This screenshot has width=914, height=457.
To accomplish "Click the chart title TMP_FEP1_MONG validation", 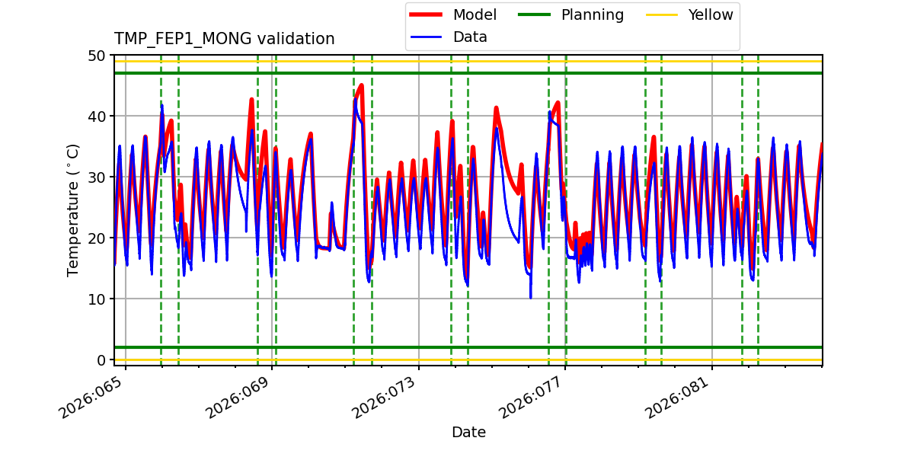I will pos(224,39).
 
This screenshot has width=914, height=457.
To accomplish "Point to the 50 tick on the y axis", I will pos(97,56).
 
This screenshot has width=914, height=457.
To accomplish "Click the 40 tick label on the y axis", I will pos(97,117).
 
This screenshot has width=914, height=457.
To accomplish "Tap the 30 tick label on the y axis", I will pos(97,177).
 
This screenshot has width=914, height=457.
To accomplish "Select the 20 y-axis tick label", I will pos(97,238).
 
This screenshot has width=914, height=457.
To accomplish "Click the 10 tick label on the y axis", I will pos(97,299).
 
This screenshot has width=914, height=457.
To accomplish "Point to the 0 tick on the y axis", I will pos(101,360).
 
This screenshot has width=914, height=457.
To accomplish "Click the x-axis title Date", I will pos(468,433).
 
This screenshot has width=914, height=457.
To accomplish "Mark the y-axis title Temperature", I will pos(73,209).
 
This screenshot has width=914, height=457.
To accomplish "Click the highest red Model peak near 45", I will pos(361,85).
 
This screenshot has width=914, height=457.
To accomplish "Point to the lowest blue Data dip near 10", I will pos(531,297).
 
